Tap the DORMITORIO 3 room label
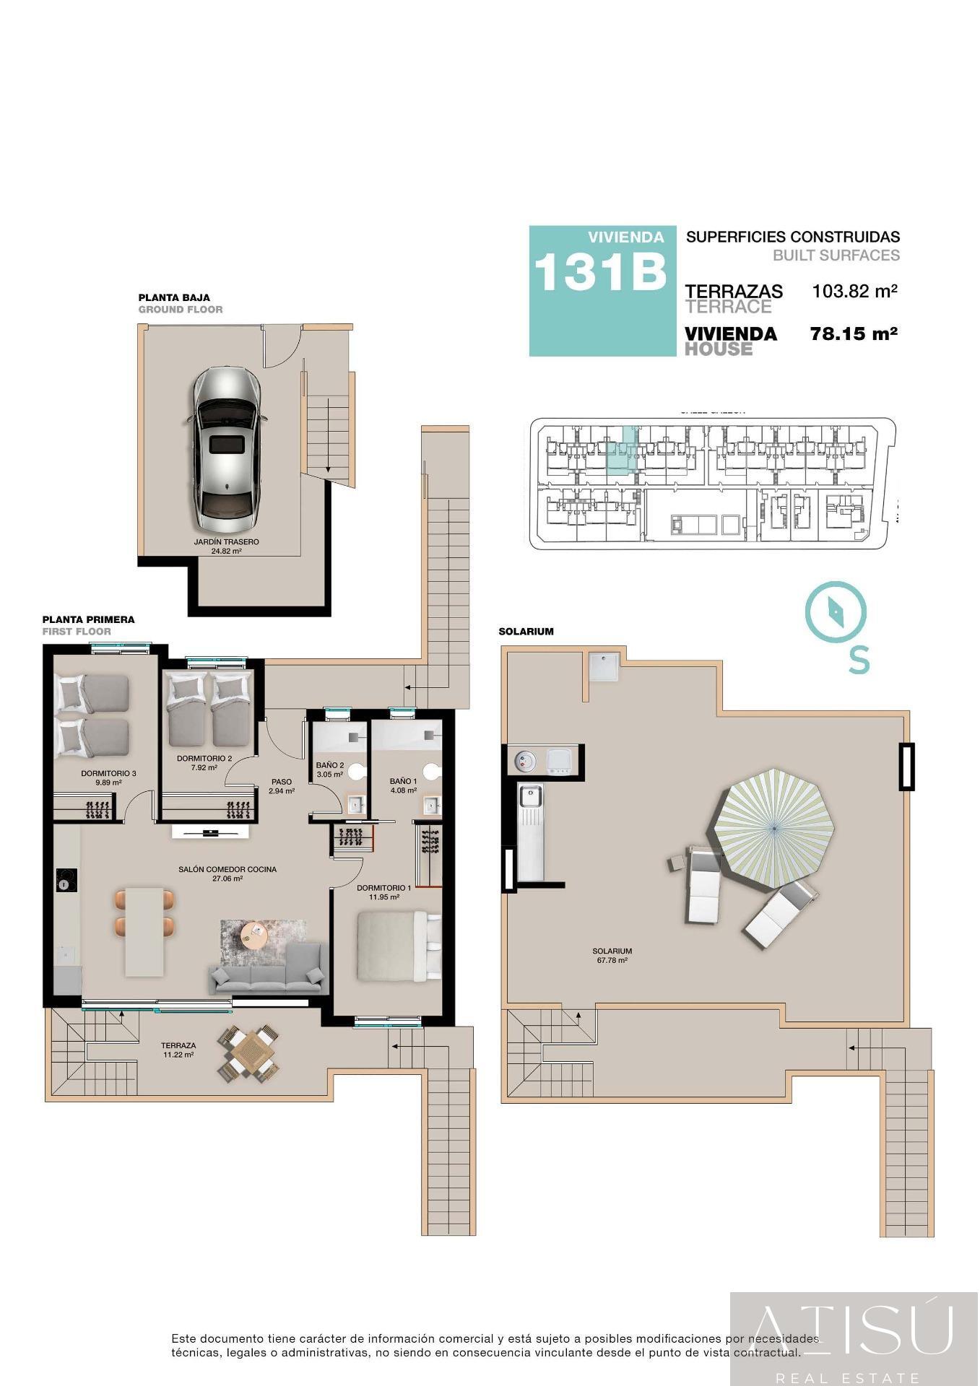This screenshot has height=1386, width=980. [108, 773]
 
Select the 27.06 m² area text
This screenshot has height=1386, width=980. [227, 879]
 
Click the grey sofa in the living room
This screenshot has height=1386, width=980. [266, 970]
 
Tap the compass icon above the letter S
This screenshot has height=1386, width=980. [836, 612]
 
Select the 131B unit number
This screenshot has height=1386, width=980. [599, 272]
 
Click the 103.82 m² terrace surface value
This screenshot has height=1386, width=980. [854, 292]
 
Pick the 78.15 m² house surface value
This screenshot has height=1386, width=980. [854, 334]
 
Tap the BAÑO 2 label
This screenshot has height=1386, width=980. [330, 765]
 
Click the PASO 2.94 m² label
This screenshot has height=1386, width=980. [282, 786]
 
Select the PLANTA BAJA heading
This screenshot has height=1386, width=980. [174, 297]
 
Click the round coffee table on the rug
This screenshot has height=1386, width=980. [254, 936]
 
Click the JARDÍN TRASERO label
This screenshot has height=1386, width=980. [226, 541]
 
